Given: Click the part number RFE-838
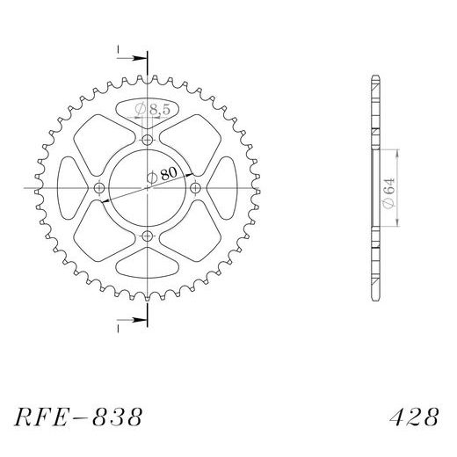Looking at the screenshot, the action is (78, 417).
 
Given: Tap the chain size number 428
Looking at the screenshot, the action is (414, 417).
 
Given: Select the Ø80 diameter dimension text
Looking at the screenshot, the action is (162, 175).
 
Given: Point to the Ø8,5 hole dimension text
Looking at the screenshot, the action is (152, 110).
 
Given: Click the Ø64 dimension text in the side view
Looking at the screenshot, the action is (389, 193).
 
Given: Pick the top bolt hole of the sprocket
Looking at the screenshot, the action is (148, 140).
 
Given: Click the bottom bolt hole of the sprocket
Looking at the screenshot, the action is (148, 236).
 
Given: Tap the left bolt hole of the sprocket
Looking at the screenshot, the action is (99, 188).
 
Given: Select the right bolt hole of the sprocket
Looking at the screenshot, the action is (195, 188).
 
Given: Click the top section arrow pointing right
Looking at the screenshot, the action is (131, 58).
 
